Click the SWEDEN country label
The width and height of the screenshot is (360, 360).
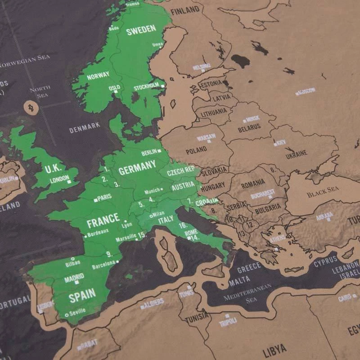tap(141, 30)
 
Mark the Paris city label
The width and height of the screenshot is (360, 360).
tap(104, 197)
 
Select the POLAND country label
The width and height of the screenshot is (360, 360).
tap(196, 149)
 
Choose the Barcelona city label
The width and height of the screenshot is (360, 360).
tap(104, 266)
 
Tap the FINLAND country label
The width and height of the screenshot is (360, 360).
tap(184, 9)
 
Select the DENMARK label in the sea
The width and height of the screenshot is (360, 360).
tap(85, 128)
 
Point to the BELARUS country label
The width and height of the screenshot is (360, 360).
tap(249, 127)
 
